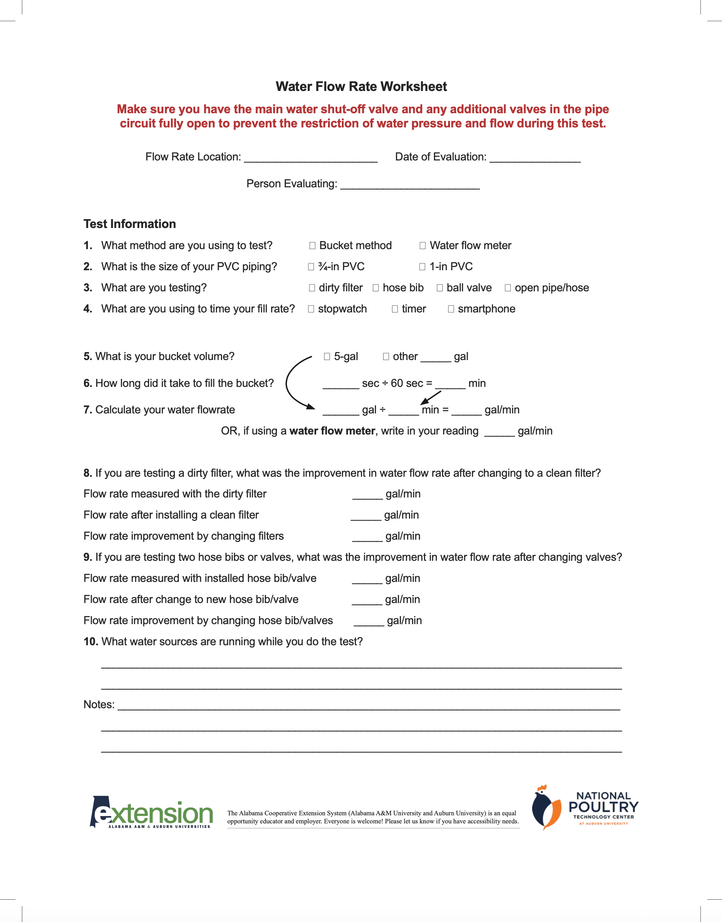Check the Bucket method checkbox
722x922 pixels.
312,246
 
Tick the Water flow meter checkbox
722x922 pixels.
422,246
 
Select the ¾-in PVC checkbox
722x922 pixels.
311,267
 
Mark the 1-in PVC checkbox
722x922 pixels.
422,267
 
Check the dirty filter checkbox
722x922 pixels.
312,288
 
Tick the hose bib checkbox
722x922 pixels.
376,288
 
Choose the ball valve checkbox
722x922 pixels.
440,288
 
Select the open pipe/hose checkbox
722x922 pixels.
508,288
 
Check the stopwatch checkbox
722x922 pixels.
311,309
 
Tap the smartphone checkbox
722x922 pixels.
451,309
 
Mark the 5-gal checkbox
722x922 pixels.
327,357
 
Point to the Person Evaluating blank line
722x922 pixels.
410,185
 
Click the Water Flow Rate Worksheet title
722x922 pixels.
361,86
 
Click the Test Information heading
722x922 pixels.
129,224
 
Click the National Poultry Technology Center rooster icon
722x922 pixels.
546,808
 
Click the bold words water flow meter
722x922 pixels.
332,431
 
